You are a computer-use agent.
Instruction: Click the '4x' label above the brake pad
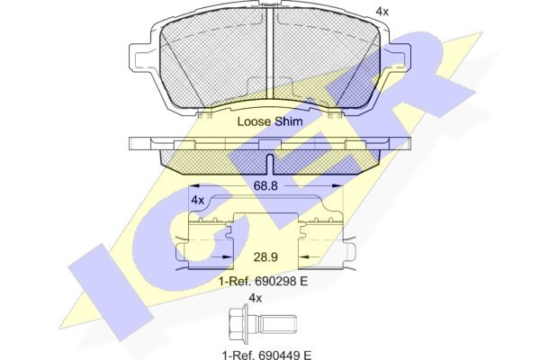click(x=382, y=12)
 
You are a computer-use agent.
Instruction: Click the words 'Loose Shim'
click(x=270, y=121)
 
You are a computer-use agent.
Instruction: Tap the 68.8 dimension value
click(x=265, y=186)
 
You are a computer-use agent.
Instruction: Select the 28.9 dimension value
click(x=265, y=257)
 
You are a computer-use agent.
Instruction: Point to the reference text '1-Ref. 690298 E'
click(x=263, y=281)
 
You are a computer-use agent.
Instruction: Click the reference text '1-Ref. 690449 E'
click(x=265, y=354)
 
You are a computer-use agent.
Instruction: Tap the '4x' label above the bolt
click(x=256, y=298)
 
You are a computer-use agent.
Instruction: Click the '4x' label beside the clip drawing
click(x=198, y=200)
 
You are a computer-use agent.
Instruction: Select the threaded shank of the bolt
click(x=277, y=324)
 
